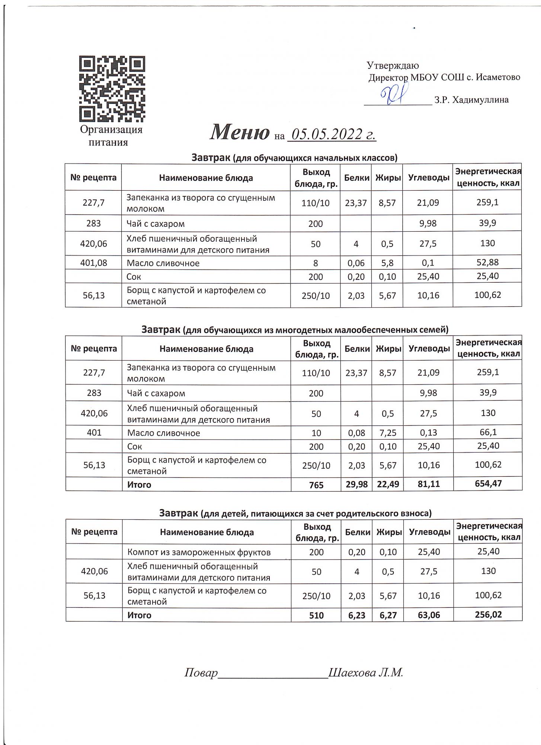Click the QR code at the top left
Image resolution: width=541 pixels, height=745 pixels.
112,89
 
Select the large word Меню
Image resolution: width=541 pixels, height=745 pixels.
240,132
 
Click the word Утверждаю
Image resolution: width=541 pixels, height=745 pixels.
393,66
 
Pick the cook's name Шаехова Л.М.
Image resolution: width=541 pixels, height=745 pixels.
366,673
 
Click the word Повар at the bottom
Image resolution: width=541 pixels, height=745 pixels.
201,673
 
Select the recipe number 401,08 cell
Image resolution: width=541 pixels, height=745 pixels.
94,263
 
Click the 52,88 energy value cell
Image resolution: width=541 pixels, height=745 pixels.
487,262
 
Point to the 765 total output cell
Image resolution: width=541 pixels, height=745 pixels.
316,485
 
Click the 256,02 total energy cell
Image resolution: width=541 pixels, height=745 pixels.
488,615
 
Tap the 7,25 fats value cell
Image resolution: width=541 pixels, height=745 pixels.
388,433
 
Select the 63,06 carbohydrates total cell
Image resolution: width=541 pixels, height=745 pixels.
429,615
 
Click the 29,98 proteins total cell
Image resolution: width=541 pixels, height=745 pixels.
356,484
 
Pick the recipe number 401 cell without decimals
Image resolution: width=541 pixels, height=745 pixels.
94,433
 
